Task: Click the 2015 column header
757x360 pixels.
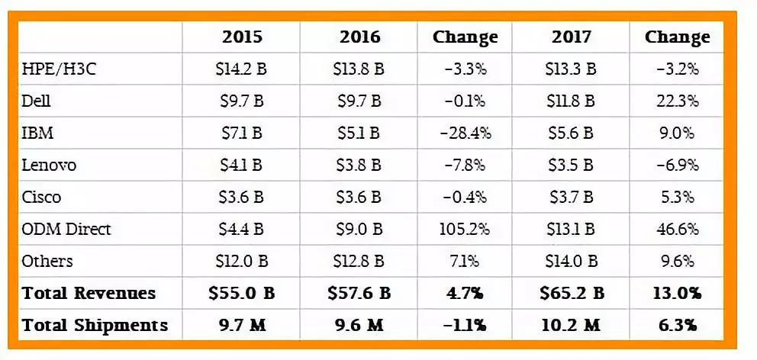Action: [x=241, y=37]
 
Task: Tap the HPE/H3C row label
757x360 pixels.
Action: [x=59, y=69]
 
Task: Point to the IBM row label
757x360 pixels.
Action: [x=37, y=133]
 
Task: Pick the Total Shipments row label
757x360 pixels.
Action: [x=95, y=325]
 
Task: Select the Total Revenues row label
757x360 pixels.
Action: [x=89, y=293]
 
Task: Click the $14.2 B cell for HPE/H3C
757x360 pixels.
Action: [x=241, y=69]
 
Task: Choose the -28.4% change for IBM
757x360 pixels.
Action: [x=465, y=133]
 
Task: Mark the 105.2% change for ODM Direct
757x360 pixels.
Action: [x=465, y=229]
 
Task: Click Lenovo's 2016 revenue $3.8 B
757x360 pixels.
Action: [x=358, y=166]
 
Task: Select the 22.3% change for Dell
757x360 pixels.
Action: [x=676, y=101]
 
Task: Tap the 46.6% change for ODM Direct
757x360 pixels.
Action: [x=676, y=229]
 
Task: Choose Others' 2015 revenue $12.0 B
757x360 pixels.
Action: [x=241, y=261]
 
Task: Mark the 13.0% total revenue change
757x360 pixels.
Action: [x=676, y=293]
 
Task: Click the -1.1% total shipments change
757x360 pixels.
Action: [x=465, y=325]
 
